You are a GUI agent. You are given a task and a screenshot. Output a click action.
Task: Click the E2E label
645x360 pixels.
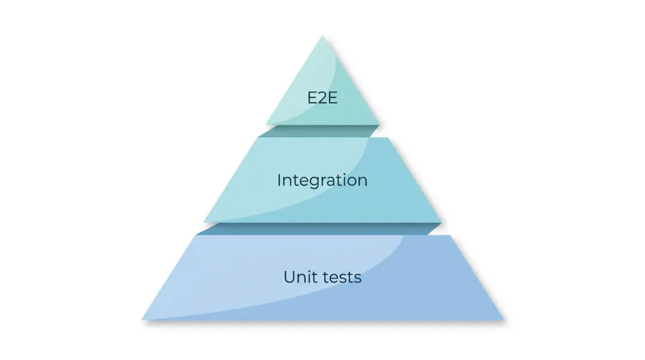coord(322,97)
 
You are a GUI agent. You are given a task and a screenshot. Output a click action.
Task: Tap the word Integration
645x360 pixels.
coord(322,180)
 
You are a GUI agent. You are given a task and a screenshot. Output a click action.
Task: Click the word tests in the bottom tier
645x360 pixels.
coord(340,277)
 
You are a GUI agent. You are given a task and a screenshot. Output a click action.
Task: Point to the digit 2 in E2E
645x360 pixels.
coord(322,97)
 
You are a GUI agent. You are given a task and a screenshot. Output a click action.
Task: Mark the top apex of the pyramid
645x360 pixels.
coord(322,35)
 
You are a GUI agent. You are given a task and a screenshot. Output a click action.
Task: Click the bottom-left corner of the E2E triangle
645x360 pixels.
coord(266,124)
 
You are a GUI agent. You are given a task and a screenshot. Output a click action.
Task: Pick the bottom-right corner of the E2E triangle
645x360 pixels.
coord(379,124)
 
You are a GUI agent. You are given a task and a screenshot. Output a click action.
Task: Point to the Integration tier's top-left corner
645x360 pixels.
coord(259,138)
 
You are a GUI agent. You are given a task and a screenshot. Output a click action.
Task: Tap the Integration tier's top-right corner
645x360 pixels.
coord(389,138)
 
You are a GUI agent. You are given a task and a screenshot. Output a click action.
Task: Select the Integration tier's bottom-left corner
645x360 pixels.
coord(204,222)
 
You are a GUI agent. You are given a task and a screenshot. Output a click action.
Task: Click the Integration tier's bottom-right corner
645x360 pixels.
coord(442,222)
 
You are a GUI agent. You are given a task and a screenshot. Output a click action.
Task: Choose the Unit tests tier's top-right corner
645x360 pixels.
coord(450,235)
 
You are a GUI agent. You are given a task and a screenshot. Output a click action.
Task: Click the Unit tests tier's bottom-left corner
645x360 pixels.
coord(142,319)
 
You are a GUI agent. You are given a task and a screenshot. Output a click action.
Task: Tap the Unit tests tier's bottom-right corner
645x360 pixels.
coord(504,319)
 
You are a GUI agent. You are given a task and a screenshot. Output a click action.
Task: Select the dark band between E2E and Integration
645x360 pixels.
coord(322,131)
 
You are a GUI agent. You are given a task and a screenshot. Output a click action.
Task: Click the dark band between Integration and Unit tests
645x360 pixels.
coord(322,229)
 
